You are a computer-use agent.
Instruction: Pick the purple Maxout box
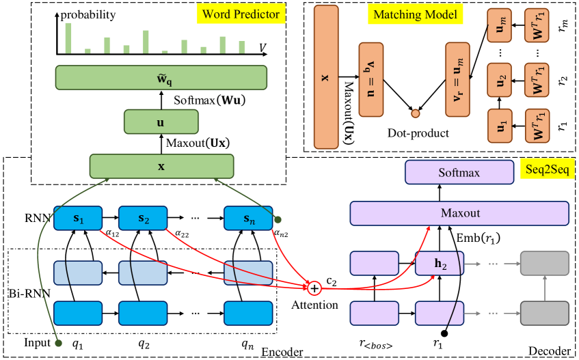[459, 213]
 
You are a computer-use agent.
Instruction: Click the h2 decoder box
[440, 264]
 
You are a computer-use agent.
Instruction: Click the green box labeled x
[161, 166]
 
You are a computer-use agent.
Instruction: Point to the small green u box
[161, 123]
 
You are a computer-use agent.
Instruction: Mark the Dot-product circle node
[414, 111]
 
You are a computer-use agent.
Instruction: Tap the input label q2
[143, 344]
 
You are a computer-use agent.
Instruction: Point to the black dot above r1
[444, 333]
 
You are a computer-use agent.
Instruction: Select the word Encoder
[282, 352]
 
